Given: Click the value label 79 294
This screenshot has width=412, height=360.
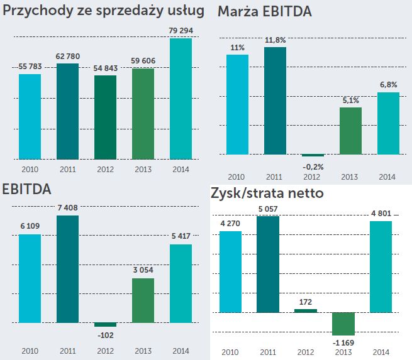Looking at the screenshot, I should click(181, 31).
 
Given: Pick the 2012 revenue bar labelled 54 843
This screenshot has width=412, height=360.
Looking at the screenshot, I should click(106, 117).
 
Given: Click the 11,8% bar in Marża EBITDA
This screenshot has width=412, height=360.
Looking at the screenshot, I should click(276, 101).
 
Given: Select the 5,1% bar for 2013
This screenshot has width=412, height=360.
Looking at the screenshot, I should click(350, 131).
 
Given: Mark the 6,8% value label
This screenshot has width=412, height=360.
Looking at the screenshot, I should click(388, 85).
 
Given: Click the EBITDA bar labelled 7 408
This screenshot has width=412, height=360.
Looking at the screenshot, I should click(67, 269).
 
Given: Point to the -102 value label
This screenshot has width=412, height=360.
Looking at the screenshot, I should click(106, 335).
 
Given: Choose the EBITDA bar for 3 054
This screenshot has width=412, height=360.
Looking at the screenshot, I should click(143, 300).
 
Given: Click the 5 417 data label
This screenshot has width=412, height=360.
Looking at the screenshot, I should click(181, 237).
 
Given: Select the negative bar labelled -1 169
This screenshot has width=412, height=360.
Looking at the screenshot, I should click(343, 324).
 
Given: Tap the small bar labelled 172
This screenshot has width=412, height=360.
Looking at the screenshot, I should click(306, 310).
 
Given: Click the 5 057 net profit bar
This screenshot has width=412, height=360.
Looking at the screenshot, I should click(268, 264).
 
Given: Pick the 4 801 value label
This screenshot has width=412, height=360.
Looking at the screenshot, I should click(381, 213).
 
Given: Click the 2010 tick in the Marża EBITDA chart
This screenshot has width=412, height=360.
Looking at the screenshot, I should click(238, 177).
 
